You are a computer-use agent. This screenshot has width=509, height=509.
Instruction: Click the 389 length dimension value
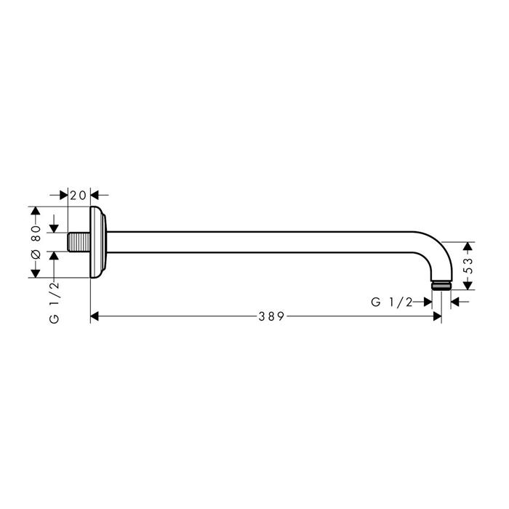[271, 316]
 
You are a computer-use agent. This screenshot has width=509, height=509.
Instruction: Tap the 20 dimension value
[79, 196]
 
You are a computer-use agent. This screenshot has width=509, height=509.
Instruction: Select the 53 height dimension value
[468, 266]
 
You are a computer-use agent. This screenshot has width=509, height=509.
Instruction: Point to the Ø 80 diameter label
[36, 242]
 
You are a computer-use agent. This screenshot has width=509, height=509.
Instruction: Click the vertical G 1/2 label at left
[55, 302]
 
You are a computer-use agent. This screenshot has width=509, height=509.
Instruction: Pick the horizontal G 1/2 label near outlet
[391, 302]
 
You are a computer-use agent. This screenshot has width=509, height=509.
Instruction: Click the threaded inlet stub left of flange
[79, 242]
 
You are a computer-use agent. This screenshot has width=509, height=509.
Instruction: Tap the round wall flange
[97, 242]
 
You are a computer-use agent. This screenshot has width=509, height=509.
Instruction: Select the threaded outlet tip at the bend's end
[441, 285]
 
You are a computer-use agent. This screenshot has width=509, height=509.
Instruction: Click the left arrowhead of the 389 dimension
[95, 316]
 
